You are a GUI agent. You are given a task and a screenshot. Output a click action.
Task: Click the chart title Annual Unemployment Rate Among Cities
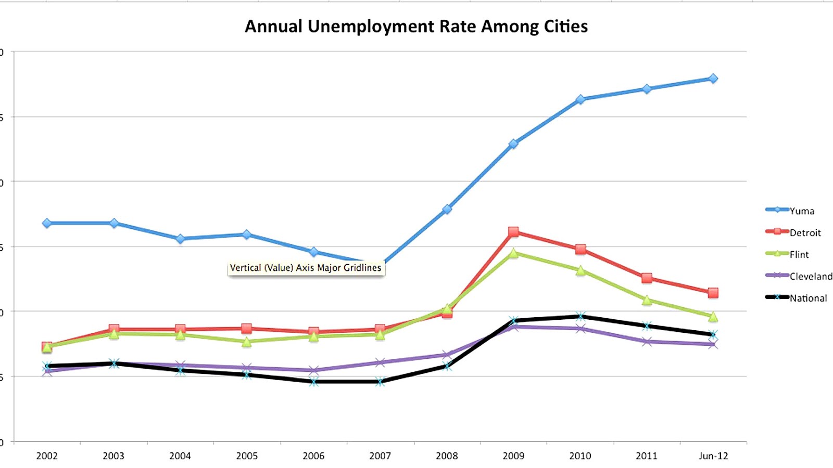[416, 27]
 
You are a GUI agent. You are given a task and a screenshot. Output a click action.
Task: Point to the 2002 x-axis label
[47, 456]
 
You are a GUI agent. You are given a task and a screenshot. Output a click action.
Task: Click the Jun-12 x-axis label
[713, 456]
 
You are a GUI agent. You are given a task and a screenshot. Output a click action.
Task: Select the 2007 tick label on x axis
[380, 456]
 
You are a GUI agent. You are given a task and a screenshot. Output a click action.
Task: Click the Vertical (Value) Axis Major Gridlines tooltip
[306, 268]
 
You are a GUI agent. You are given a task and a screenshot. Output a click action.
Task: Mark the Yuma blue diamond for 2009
[513, 144]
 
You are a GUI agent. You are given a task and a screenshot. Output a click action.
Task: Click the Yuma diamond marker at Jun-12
[713, 79]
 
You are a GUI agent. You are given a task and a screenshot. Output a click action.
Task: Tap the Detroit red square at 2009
[513, 232]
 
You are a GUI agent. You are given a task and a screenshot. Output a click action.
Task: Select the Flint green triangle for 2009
[513, 253]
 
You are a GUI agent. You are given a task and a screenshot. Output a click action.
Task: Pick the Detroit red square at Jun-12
[713, 293]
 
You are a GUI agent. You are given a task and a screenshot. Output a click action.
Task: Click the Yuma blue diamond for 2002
[47, 223]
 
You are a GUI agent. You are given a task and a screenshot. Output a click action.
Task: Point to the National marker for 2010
[580, 316]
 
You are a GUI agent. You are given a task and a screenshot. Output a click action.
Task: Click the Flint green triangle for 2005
[247, 342]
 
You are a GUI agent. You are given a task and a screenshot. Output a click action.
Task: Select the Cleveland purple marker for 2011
[647, 342]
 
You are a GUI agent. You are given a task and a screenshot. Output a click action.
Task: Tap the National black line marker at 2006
[313, 382]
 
